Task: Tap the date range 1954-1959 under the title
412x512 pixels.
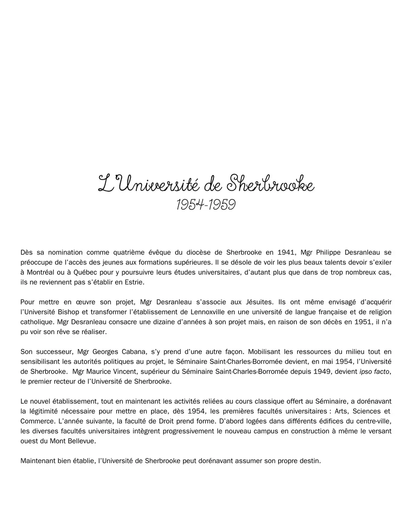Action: pos(206,205)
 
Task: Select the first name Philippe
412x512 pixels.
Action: pos(328,252)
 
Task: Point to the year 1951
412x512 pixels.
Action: pos(362,322)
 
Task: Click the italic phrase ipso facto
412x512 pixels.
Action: pos(374,372)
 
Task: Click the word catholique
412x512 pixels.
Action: pos(37,322)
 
